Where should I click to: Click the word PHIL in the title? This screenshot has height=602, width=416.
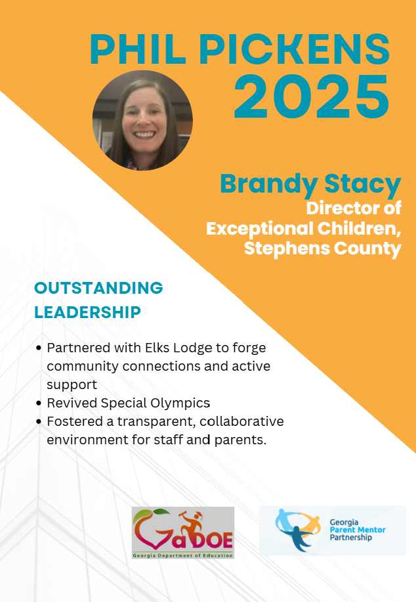click(138, 49)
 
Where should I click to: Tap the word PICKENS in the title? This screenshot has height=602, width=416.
click(295, 49)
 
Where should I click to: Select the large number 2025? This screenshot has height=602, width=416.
click(311, 97)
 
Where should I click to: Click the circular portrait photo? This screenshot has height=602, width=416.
click(142, 120)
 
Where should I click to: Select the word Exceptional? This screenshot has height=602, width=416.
click(260, 229)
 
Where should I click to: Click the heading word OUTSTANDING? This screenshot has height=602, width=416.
click(98, 288)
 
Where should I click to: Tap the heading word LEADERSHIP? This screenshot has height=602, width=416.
click(87, 313)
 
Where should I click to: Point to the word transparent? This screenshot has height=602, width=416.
click(158, 422)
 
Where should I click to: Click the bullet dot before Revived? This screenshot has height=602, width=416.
click(38, 403)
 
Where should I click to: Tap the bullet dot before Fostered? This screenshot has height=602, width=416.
click(38, 421)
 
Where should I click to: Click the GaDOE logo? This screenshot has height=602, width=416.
click(183, 532)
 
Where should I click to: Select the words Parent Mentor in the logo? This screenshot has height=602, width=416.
click(358, 530)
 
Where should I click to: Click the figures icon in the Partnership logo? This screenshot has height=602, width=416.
click(297, 530)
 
